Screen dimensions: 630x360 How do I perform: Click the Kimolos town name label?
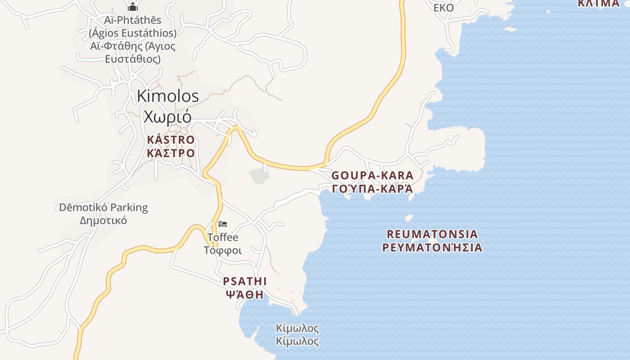pos(168,96)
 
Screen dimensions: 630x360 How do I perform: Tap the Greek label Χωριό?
pos(167,116)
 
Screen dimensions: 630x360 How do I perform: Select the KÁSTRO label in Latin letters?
pos(171,140)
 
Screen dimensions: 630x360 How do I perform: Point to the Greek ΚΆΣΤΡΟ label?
pos(171,153)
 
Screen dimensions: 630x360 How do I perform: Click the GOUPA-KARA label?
pos(366,175)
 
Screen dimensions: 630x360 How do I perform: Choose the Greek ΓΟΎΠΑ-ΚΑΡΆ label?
pos(372,189)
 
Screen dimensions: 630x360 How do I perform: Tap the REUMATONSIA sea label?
pos(432,234)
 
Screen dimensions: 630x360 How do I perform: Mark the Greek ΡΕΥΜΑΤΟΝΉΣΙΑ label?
pos(432,247)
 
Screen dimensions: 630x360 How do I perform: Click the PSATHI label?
pos(245,282)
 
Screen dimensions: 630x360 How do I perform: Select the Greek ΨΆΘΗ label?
pos(245,295)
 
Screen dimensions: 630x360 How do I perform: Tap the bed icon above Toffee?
pos(223,224)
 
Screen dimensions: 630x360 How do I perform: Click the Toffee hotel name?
pos(223,237)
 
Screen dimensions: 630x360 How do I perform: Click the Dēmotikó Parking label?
pos(103,207)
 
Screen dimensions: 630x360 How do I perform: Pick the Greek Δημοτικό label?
pos(103,220)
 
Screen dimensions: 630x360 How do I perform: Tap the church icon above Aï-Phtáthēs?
pos(133,7)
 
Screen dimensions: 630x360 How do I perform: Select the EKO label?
pos(443,8)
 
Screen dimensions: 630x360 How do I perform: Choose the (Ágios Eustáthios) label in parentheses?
pos(133,33)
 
